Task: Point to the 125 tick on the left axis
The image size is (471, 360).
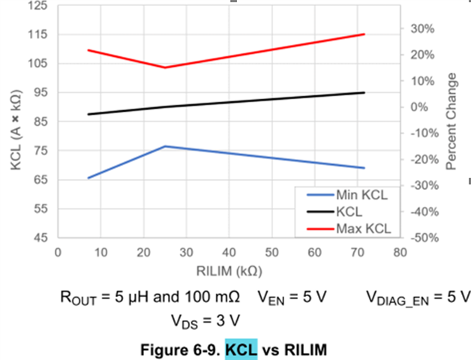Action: click(37, 5)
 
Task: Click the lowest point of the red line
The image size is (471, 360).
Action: click(165, 67)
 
